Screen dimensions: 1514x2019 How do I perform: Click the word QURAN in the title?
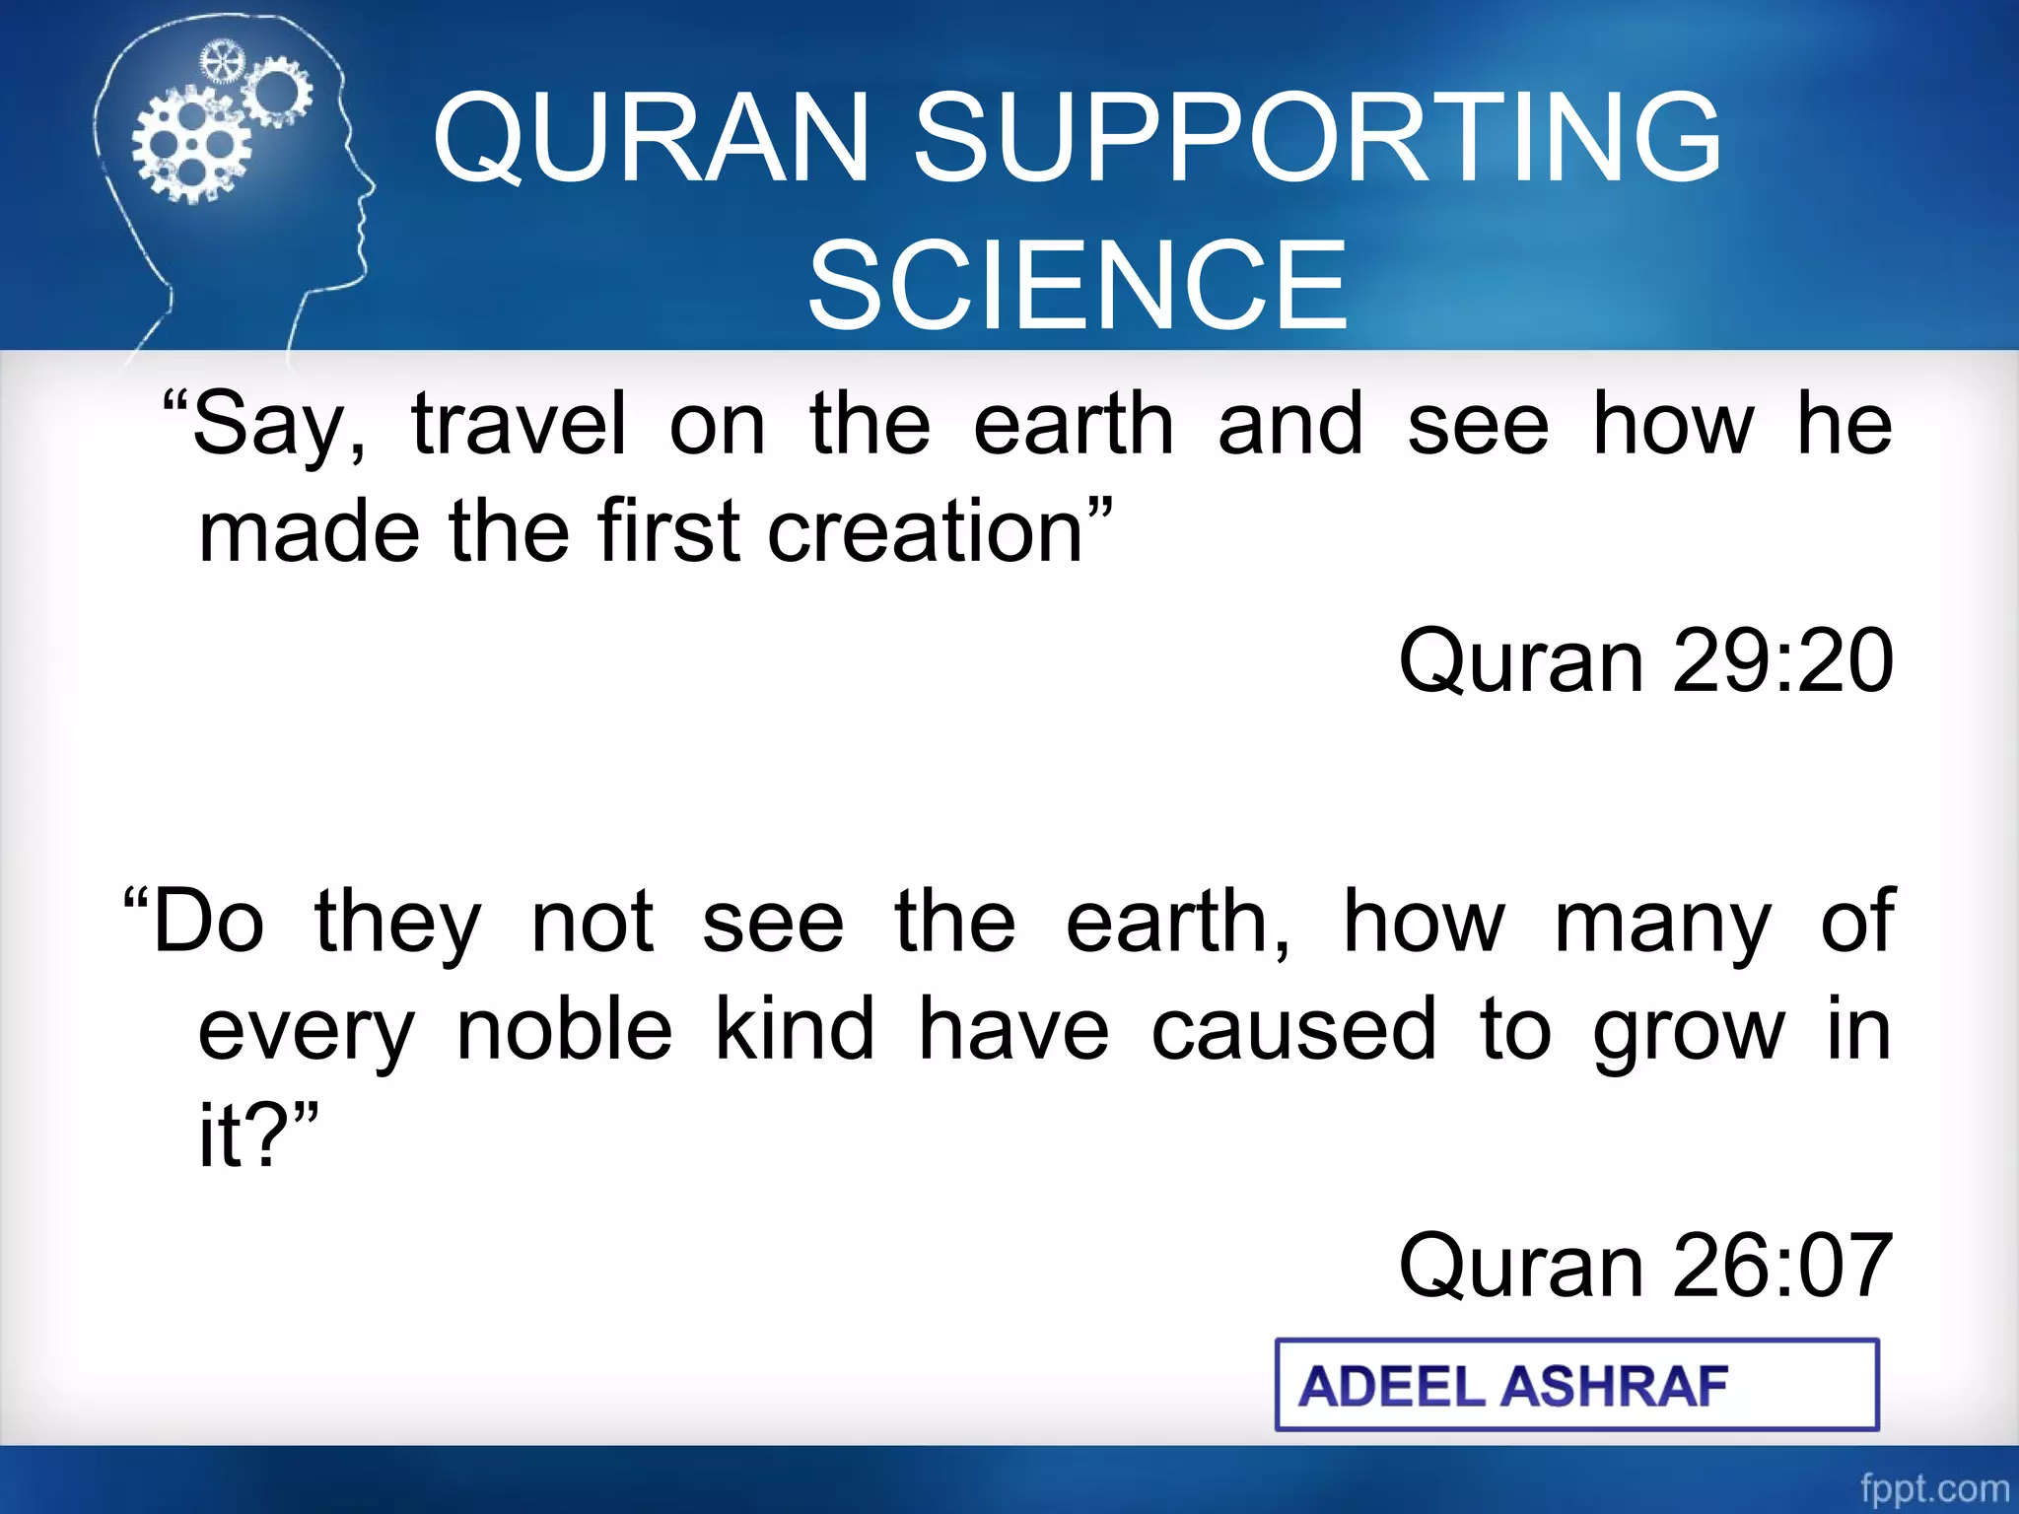pyautogui.click(x=651, y=138)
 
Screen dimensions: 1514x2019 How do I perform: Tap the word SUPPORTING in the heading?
pyautogui.click(x=1317, y=138)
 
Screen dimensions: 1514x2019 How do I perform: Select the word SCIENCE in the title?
pyautogui.click(x=1078, y=286)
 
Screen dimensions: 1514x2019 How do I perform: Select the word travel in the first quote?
pyautogui.click(x=519, y=424)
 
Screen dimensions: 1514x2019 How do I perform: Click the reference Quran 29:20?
pyautogui.click(x=1644, y=660)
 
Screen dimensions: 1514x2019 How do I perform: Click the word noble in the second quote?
pyautogui.click(x=565, y=1030)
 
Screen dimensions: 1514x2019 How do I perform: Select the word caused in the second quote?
pyautogui.click(x=1293, y=1030)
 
